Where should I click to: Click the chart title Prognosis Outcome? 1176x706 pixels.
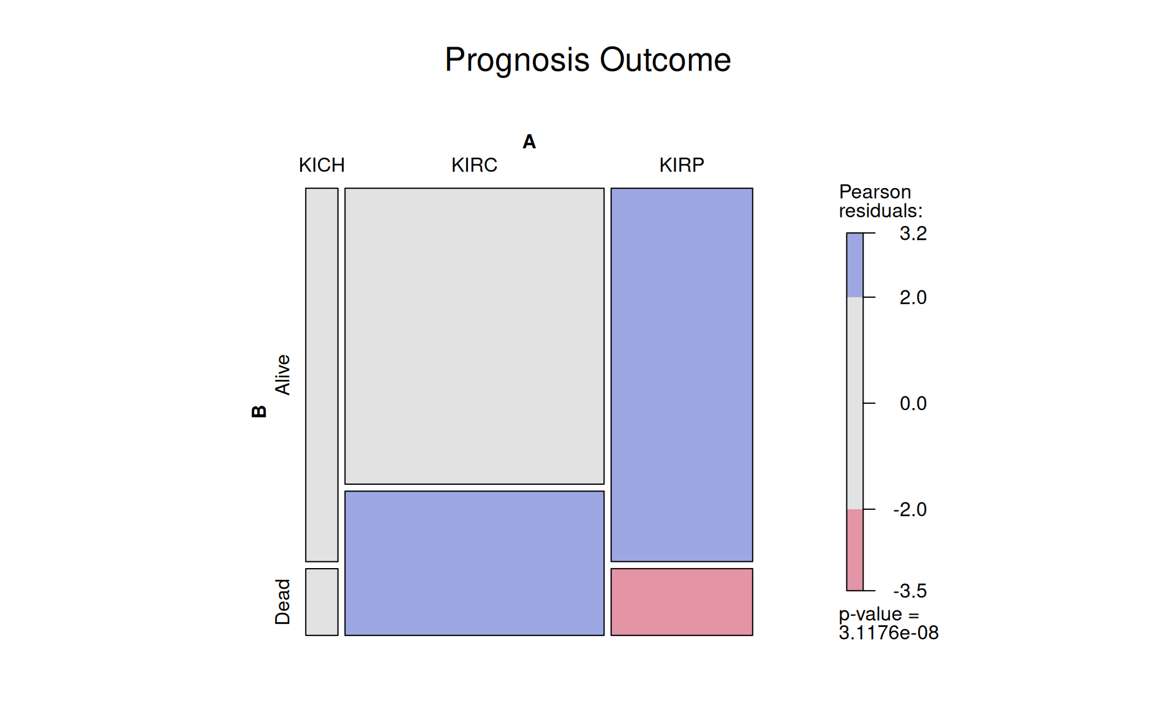587,60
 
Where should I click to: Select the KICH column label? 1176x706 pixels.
322,165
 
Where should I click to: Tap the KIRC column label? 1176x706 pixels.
474,165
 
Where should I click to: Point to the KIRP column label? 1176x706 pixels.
681,165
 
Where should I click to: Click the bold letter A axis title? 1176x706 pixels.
529,142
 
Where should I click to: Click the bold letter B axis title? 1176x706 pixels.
259,411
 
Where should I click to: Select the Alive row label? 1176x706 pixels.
282,374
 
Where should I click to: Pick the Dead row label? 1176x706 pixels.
282,602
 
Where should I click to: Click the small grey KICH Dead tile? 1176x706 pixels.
322,602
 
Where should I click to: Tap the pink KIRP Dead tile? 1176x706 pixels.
682,602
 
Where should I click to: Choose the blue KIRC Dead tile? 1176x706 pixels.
474,563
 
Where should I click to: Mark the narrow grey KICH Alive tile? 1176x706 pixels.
322,374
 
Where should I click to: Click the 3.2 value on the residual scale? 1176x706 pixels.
913,233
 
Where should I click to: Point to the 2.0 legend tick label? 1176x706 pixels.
913,298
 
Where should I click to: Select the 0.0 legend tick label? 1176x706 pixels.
913,403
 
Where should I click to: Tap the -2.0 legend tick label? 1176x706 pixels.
910,509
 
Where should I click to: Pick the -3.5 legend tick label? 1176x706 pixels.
910,591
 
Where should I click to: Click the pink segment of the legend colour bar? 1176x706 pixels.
854,550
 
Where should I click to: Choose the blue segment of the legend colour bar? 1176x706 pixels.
854,265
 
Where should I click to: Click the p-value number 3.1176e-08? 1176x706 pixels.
888,632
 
